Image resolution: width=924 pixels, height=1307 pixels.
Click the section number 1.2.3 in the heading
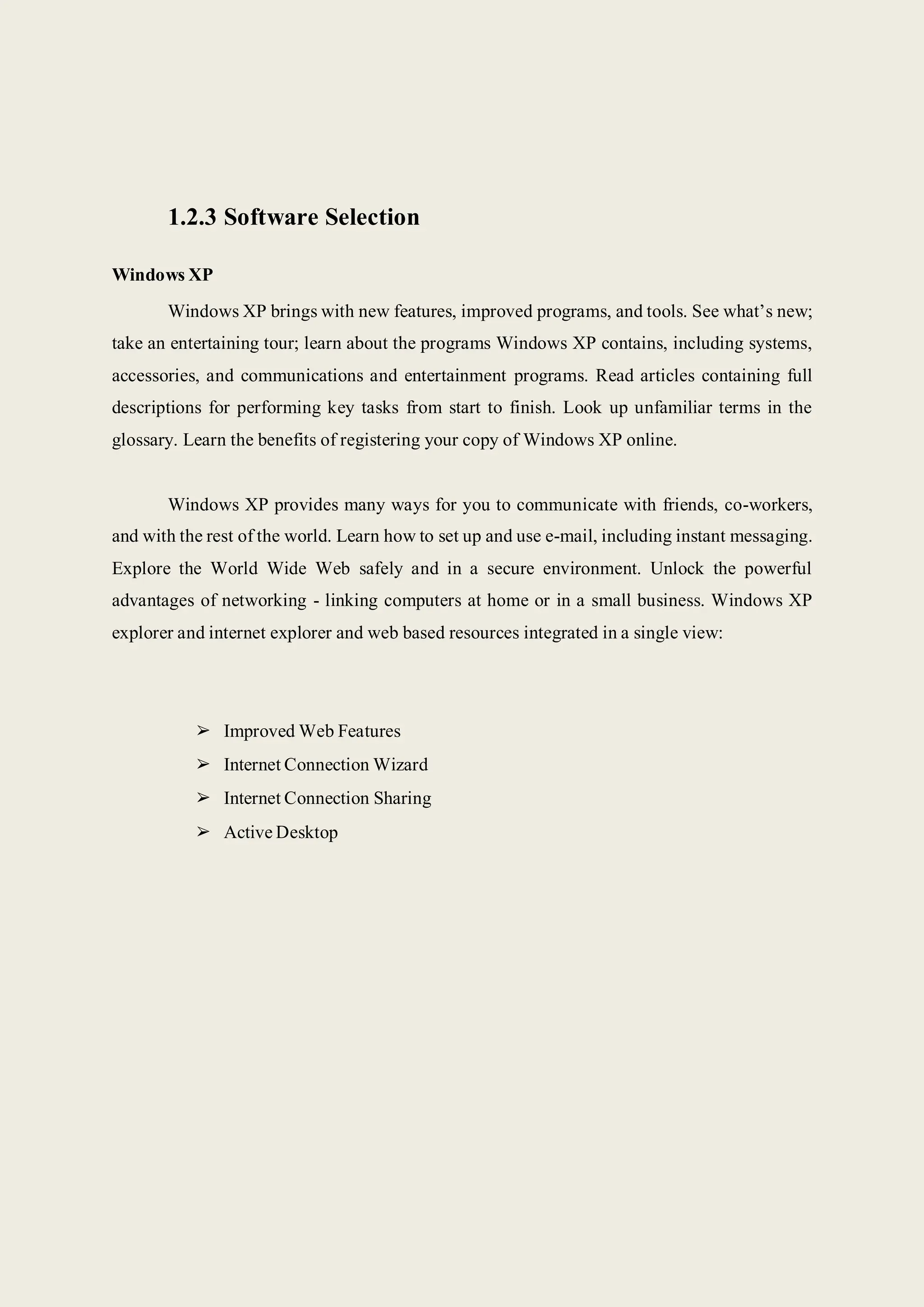192,217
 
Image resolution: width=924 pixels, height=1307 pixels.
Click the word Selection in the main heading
372,217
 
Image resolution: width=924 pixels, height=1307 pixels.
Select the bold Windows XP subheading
162,275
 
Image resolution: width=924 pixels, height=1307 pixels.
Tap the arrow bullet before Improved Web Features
203,730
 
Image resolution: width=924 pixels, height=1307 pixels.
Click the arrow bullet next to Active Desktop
203,832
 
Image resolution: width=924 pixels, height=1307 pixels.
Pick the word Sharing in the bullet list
402,799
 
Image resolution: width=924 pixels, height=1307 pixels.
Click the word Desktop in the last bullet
306,832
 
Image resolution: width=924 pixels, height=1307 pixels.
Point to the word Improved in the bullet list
259,732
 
